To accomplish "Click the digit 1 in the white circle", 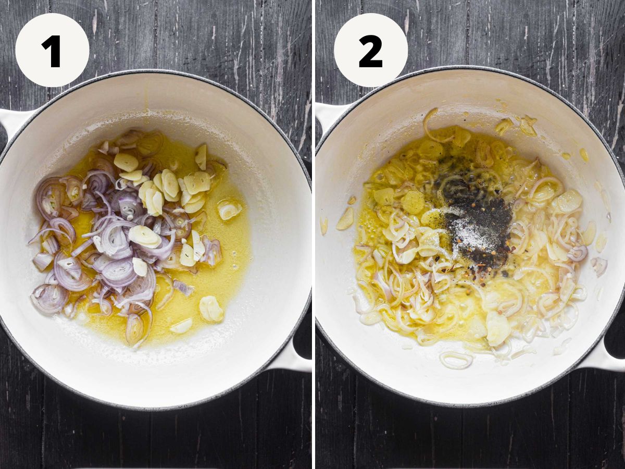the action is pos(52,51).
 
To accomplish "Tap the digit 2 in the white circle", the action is pos(370,51).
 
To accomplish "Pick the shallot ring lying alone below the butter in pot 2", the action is pos(456,360).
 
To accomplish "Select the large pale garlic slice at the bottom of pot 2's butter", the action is pos(498,328).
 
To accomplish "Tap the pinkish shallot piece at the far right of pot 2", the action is pos(599,266).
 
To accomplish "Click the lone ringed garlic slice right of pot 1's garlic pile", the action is pos(230,209).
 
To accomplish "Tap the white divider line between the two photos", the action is pos(314,234).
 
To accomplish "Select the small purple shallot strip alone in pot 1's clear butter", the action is pos(184,288).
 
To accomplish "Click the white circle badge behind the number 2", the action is pos(371,50).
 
